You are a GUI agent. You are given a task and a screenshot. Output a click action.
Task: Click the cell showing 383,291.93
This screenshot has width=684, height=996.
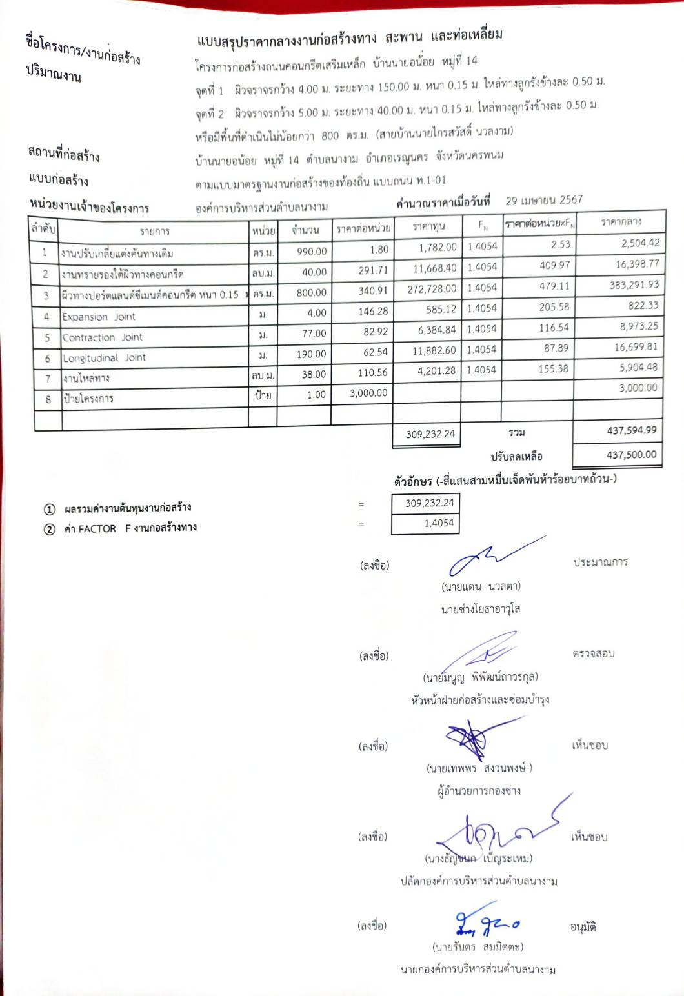[634, 284]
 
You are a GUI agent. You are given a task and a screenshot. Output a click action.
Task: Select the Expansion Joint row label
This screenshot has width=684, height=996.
[99, 317]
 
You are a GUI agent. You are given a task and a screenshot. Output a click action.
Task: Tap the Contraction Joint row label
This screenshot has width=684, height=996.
[103, 337]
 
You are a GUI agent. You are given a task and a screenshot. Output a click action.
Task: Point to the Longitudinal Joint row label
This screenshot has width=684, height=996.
[105, 358]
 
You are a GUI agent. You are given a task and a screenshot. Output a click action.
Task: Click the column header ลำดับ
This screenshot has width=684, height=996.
[43, 229]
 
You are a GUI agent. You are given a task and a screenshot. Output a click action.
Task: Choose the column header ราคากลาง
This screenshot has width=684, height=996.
[621, 222]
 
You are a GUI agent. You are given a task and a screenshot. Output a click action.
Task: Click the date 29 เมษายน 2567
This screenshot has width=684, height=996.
[543, 201]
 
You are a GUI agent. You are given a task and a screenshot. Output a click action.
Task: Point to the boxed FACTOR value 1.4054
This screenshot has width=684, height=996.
[439, 523]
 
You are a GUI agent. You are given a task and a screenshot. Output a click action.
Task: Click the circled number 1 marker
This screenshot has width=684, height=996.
[50, 510]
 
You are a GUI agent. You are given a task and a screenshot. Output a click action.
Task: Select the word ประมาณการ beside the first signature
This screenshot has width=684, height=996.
[600, 562]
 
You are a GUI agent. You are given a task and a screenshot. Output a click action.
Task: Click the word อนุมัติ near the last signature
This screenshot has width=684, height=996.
[583, 927]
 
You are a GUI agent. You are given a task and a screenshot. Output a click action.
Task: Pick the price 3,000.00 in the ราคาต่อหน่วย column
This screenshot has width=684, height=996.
[368, 393]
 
